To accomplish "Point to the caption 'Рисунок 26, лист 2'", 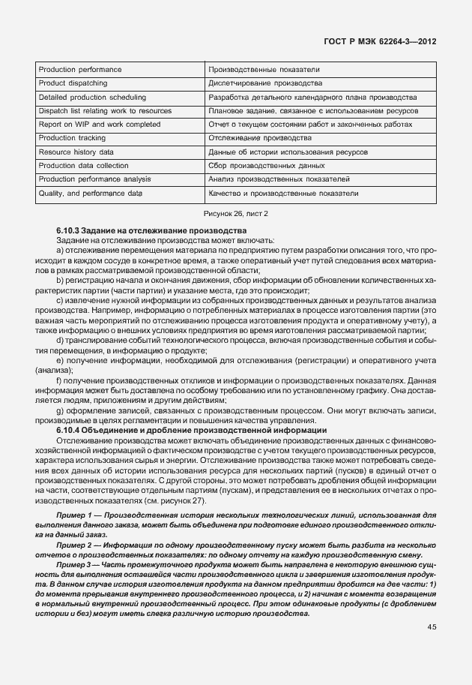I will [x=235, y=214].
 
